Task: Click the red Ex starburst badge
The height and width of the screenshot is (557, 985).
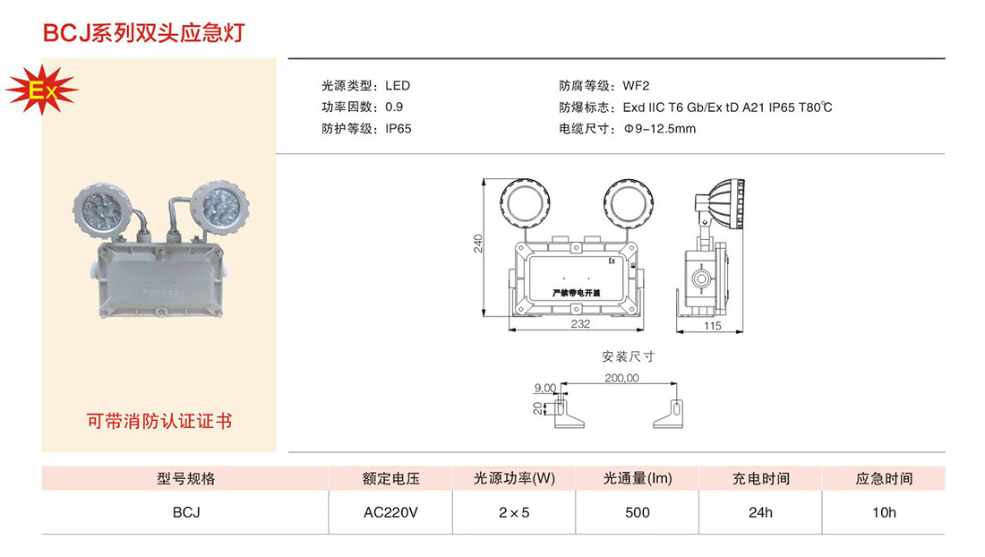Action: [x=41, y=90]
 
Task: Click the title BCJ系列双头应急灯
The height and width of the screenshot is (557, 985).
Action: [x=143, y=33]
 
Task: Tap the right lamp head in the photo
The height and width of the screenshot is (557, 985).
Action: [x=218, y=206]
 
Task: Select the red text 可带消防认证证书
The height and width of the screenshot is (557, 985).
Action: [x=158, y=420]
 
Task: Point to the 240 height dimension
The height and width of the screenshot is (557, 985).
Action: [x=478, y=244]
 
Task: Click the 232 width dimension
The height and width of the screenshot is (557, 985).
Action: [x=580, y=324]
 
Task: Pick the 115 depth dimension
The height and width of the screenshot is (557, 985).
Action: [x=712, y=326]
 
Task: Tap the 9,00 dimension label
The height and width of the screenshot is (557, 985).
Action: [x=544, y=388]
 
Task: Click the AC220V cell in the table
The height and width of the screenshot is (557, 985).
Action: [x=390, y=512]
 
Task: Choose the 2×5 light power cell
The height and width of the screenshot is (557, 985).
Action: [x=514, y=512]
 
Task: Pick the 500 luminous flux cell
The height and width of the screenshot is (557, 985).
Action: [x=638, y=512]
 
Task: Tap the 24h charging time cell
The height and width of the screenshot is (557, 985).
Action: [x=760, y=512]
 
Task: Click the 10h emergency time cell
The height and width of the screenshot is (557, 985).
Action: [x=883, y=512]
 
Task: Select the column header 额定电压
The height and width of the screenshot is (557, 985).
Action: [x=390, y=478]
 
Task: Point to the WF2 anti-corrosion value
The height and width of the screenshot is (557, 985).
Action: [x=636, y=86]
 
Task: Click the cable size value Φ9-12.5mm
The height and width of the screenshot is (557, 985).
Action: [x=659, y=128]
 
